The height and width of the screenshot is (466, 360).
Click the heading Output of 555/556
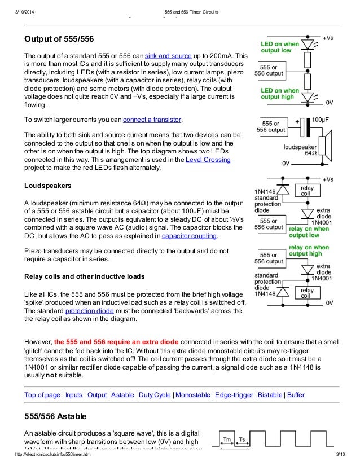pyautogui.click(x=59, y=39)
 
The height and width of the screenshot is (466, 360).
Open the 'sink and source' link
pyautogui.click(x=168, y=57)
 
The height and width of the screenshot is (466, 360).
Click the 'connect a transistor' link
pyautogui.click(x=152, y=120)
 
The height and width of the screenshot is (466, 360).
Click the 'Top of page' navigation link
pyautogui.click(x=42, y=395)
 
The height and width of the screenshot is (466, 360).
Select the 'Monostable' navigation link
pyautogui.click(x=193, y=395)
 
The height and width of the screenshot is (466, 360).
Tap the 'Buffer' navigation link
pyautogui.click(x=296, y=395)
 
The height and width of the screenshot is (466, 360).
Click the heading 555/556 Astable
pyautogui.click(x=55, y=416)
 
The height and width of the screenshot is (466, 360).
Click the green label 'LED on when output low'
pyautogui.click(x=279, y=47)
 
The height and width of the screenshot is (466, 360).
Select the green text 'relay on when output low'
pyautogui.click(x=309, y=232)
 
